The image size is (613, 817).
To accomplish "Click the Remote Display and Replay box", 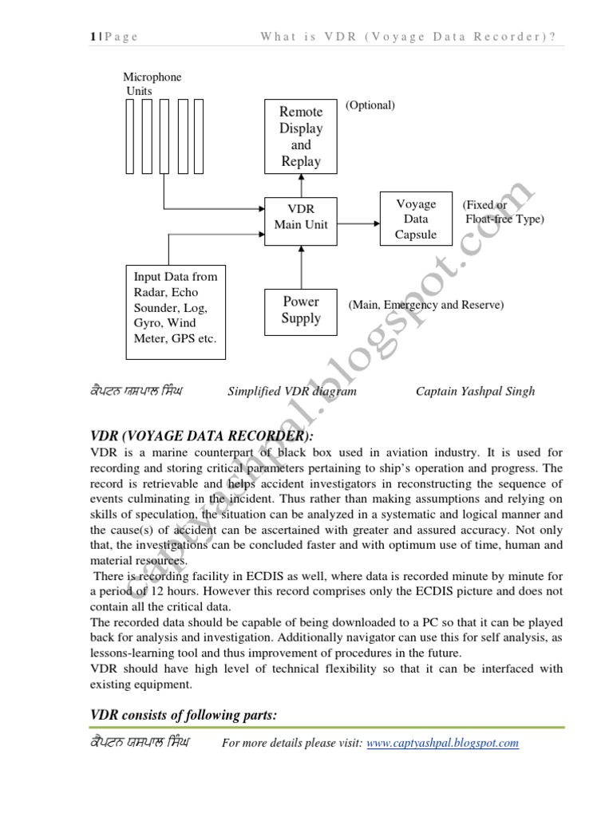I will coord(301,136).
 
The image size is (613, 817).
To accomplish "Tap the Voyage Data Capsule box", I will coord(416,219).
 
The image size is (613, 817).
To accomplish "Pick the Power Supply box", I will coord(301,310).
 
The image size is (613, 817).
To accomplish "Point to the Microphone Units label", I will coord(152,84).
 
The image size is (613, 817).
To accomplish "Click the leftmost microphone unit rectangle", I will coord(132,136).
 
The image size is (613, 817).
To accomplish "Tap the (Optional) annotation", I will coord(370,105).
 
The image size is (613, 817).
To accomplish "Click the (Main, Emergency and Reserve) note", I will coord(425,305).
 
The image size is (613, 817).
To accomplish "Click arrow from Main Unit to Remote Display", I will coord(301,185).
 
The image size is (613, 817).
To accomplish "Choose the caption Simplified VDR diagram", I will coord(292,391).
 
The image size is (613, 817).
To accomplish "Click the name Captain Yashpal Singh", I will coord(476,391).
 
